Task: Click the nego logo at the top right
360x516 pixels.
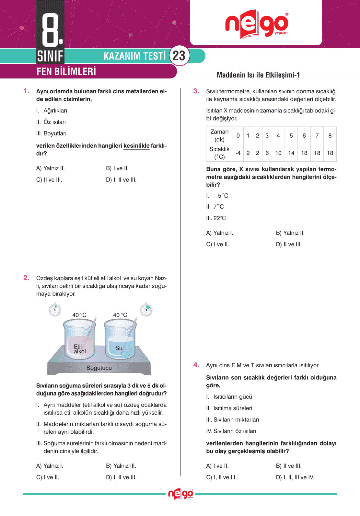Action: pos(256,24)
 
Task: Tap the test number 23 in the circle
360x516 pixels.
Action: pos(179,56)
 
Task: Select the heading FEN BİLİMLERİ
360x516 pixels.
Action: pos(66,71)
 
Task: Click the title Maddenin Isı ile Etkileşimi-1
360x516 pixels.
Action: pos(258,75)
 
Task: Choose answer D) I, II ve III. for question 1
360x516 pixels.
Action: pos(121,180)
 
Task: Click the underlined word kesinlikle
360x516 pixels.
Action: pos(136,146)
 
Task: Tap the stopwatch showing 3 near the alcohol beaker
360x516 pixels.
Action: pos(55,310)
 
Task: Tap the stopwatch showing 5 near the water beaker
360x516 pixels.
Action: pos(146,310)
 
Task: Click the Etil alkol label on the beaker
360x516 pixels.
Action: pos(79,349)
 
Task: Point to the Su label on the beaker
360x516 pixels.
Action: pos(119,348)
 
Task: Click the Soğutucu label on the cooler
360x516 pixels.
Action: pos(99,368)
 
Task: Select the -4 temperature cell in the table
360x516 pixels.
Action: pos(238,153)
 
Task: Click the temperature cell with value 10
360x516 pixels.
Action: pos(278,153)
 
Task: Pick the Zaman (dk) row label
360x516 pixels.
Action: pos(219,136)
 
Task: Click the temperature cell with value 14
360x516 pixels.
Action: pos(291,153)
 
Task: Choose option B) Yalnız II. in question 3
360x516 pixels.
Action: pos(290,233)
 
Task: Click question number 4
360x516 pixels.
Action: pos(196,365)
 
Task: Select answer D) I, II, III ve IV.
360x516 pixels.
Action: pos(295,477)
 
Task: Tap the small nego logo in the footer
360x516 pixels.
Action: pos(180,494)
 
